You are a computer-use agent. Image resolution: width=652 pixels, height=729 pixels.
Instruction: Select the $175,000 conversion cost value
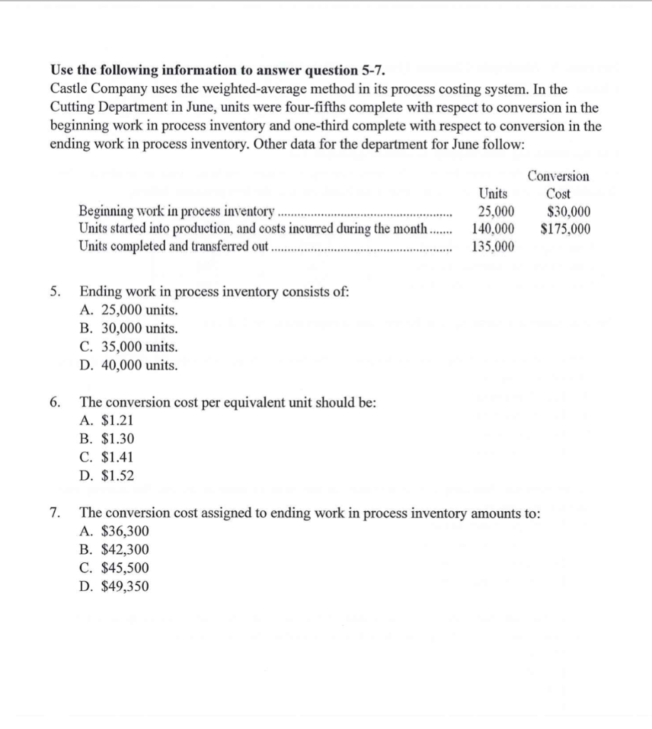click(x=565, y=229)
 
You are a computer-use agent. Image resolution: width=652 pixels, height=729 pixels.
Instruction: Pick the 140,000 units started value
click(x=493, y=229)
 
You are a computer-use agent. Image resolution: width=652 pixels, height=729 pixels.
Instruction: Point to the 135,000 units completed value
click(x=493, y=246)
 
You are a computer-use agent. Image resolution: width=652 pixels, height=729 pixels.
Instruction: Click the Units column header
click(x=493, y=194)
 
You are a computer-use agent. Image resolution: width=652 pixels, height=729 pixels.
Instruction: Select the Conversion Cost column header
click(x=558, y=184)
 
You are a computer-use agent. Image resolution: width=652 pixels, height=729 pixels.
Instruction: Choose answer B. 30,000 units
click(x=130, y=329)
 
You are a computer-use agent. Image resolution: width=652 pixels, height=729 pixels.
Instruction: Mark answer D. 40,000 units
click(x=130, y=366)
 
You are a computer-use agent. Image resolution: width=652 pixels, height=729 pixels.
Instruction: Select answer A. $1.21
click(x=107, y=421)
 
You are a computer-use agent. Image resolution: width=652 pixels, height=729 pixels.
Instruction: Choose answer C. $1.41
click(x=107, y=457)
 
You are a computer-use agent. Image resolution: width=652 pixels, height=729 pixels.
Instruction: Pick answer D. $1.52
click(x=107, y=476)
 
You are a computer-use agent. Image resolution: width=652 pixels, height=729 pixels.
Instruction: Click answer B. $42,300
click(x=115, y=550)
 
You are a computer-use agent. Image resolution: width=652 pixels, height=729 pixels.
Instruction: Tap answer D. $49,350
click(x=115, y=586)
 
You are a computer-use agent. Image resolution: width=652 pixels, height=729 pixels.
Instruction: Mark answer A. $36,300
click(x=115, y=531)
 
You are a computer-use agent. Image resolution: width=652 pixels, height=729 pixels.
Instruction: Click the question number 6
click(x=55, y=402)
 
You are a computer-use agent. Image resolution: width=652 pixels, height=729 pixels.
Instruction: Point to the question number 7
click(x=55, y=513)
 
